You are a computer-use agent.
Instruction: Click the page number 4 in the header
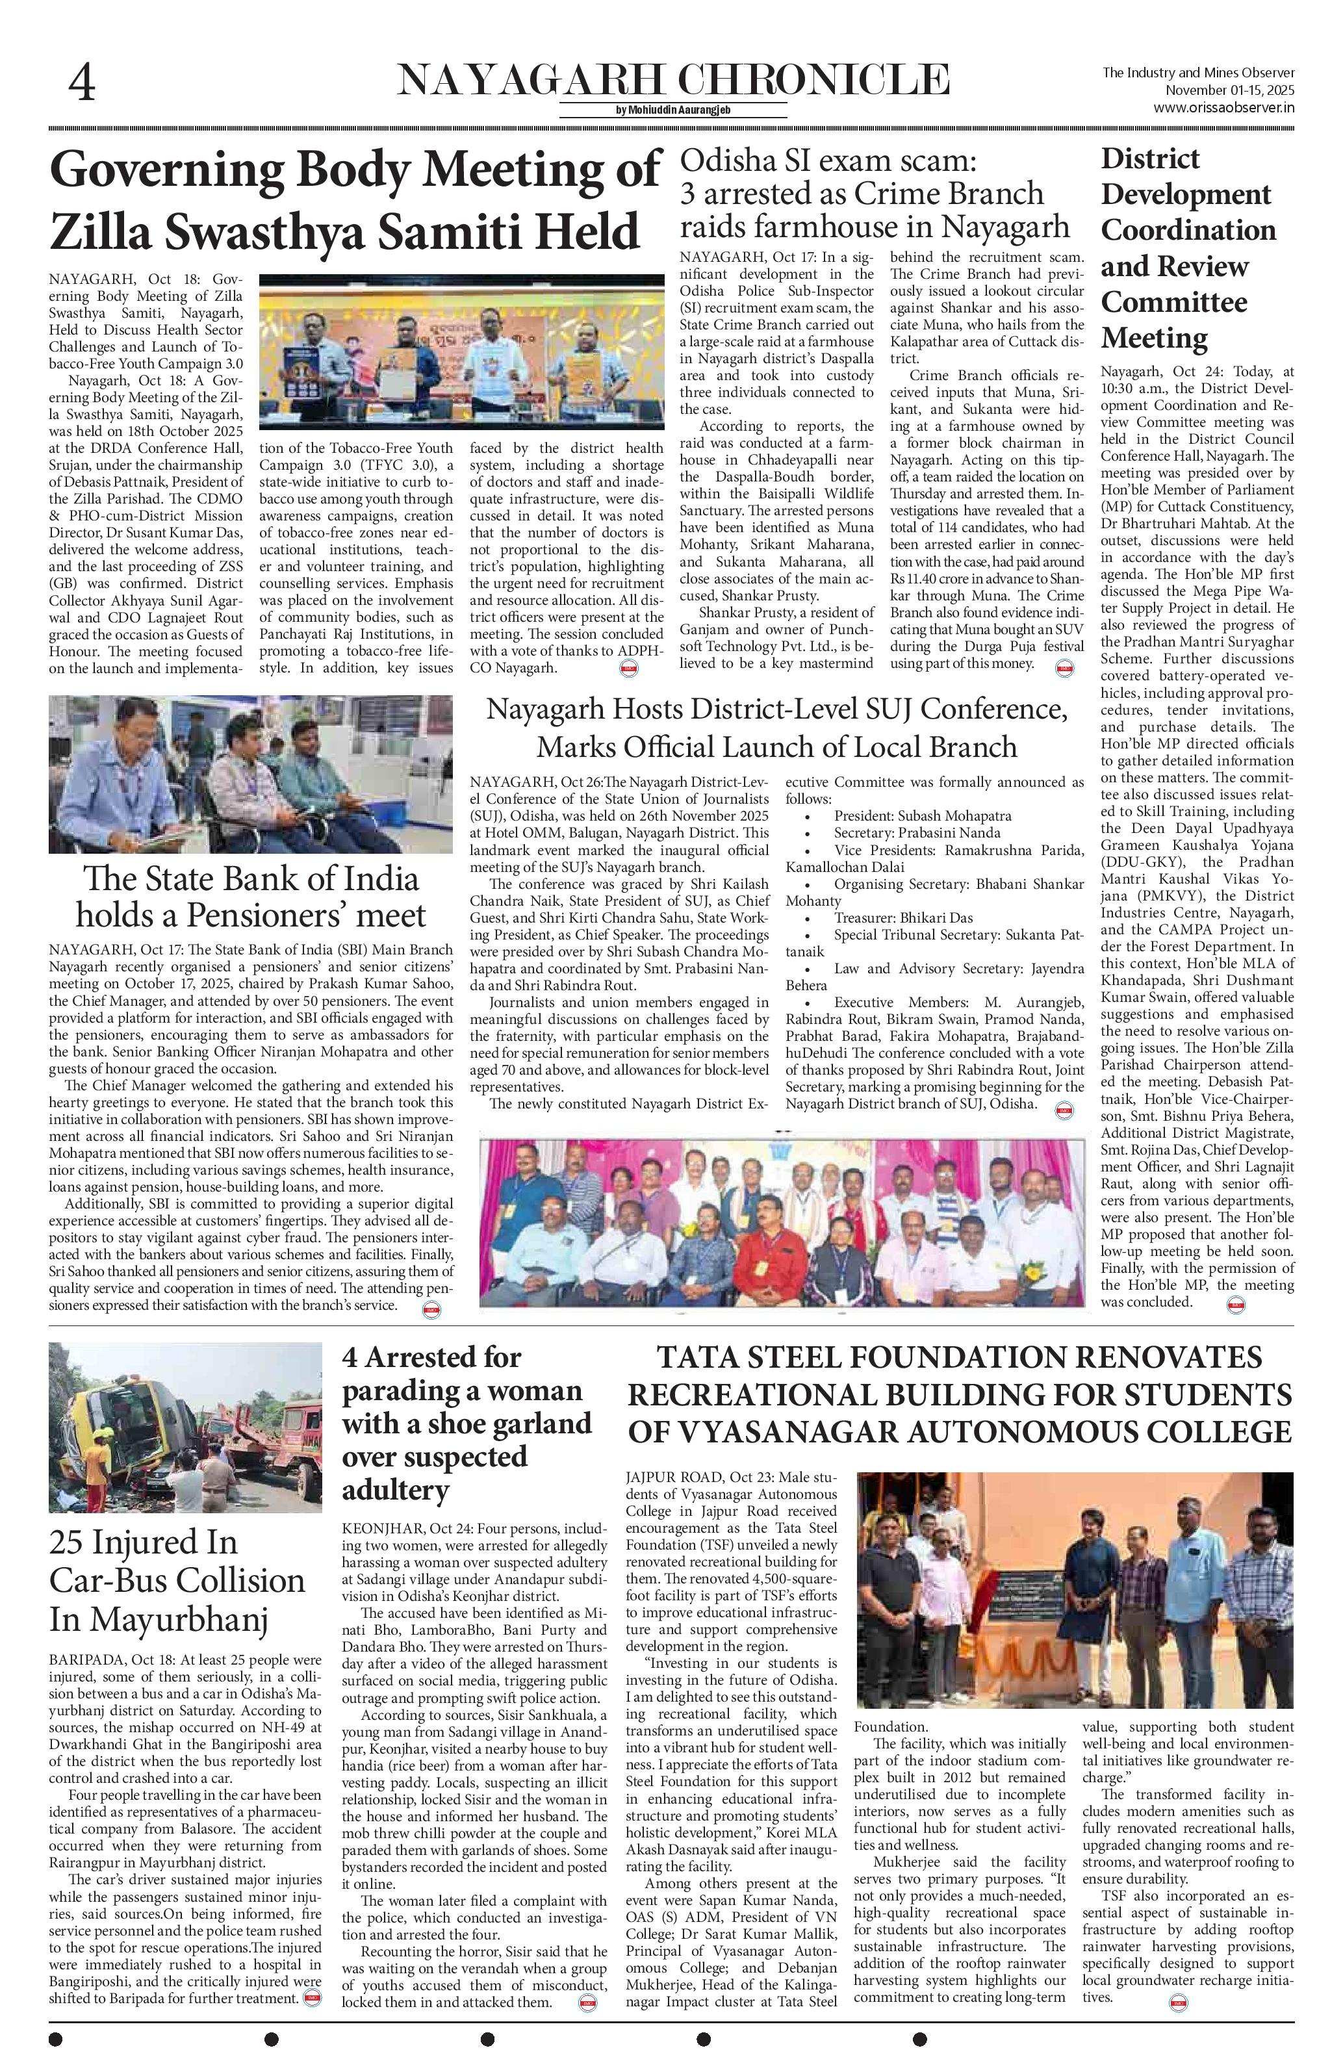click(82, 84)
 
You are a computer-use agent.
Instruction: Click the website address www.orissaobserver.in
click(1223, 108)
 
